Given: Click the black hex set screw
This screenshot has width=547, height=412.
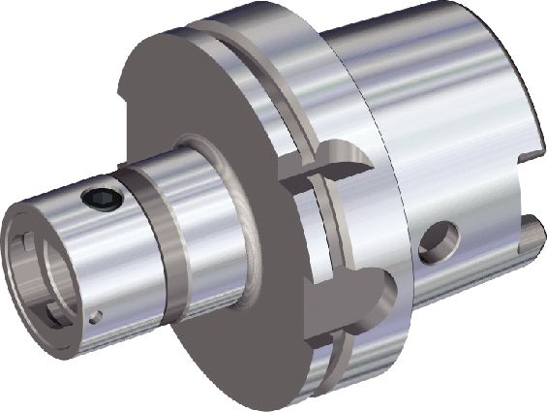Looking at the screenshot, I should click(103, 200).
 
